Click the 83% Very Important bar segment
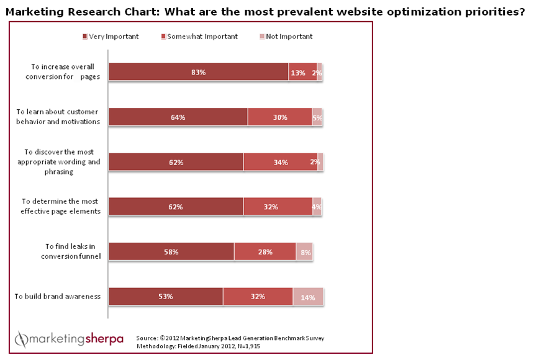pos(199,73)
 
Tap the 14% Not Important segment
pos(308,297)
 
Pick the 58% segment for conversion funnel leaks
pos(171,252)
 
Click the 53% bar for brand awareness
pos(166,297)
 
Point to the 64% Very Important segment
pos(178,117)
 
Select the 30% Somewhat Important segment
pos(279,117)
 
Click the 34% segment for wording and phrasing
pos(280,162)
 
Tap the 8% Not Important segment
pos(304,252)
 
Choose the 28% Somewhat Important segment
pos(265,252)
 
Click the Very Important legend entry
pos(111,37)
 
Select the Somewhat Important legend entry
pos(199,37)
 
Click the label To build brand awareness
pos(57,297)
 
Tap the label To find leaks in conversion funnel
pos(61,251)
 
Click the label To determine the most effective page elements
pos(61,206)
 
